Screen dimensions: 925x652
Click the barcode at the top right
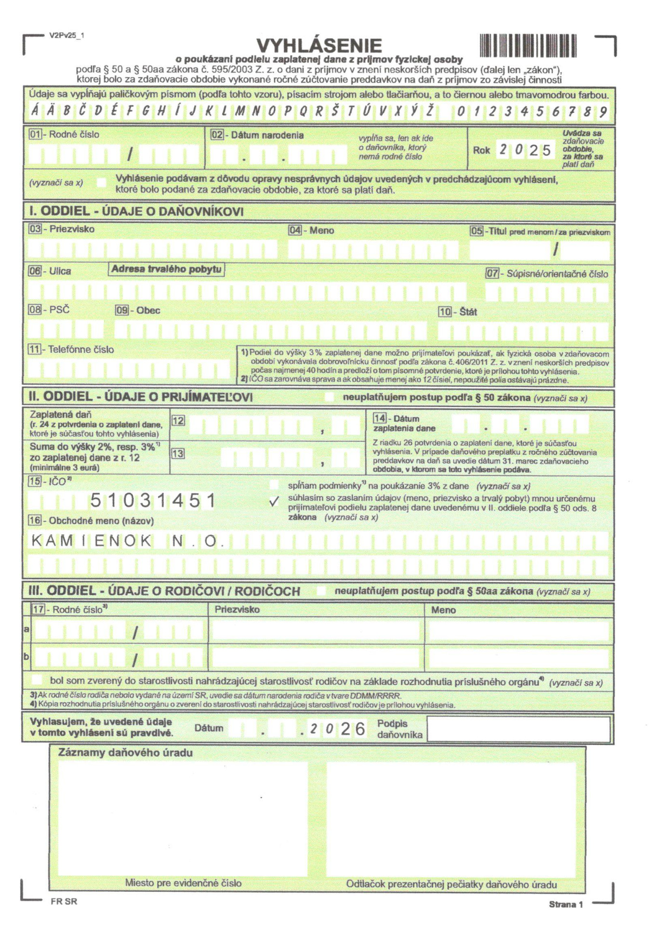coord(528,46)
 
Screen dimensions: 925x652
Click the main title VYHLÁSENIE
coord(319,46)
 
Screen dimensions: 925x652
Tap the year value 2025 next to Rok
coord(525,150)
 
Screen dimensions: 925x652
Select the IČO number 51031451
coord(153,501)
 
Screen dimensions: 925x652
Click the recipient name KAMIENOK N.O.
coord(128,541)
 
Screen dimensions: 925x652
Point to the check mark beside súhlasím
coord(274,502)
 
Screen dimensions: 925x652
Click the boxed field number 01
coord(35,134)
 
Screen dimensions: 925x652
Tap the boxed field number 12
coord(178,421)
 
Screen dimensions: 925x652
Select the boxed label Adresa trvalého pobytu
coord(166,269)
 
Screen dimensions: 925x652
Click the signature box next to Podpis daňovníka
coord(518,728)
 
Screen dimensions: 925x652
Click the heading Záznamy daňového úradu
coord(125,753)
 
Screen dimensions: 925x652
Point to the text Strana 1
coord(566,904)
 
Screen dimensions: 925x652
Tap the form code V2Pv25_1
coord(67,35)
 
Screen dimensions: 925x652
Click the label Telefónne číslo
coord(81,349)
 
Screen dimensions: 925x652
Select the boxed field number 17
coord(38,609)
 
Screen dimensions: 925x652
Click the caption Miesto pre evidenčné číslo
coord(183,883)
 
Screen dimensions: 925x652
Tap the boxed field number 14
coord(380,418)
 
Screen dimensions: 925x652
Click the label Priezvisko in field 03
coord(72,229)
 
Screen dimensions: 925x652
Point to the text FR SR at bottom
coord(64,902)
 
